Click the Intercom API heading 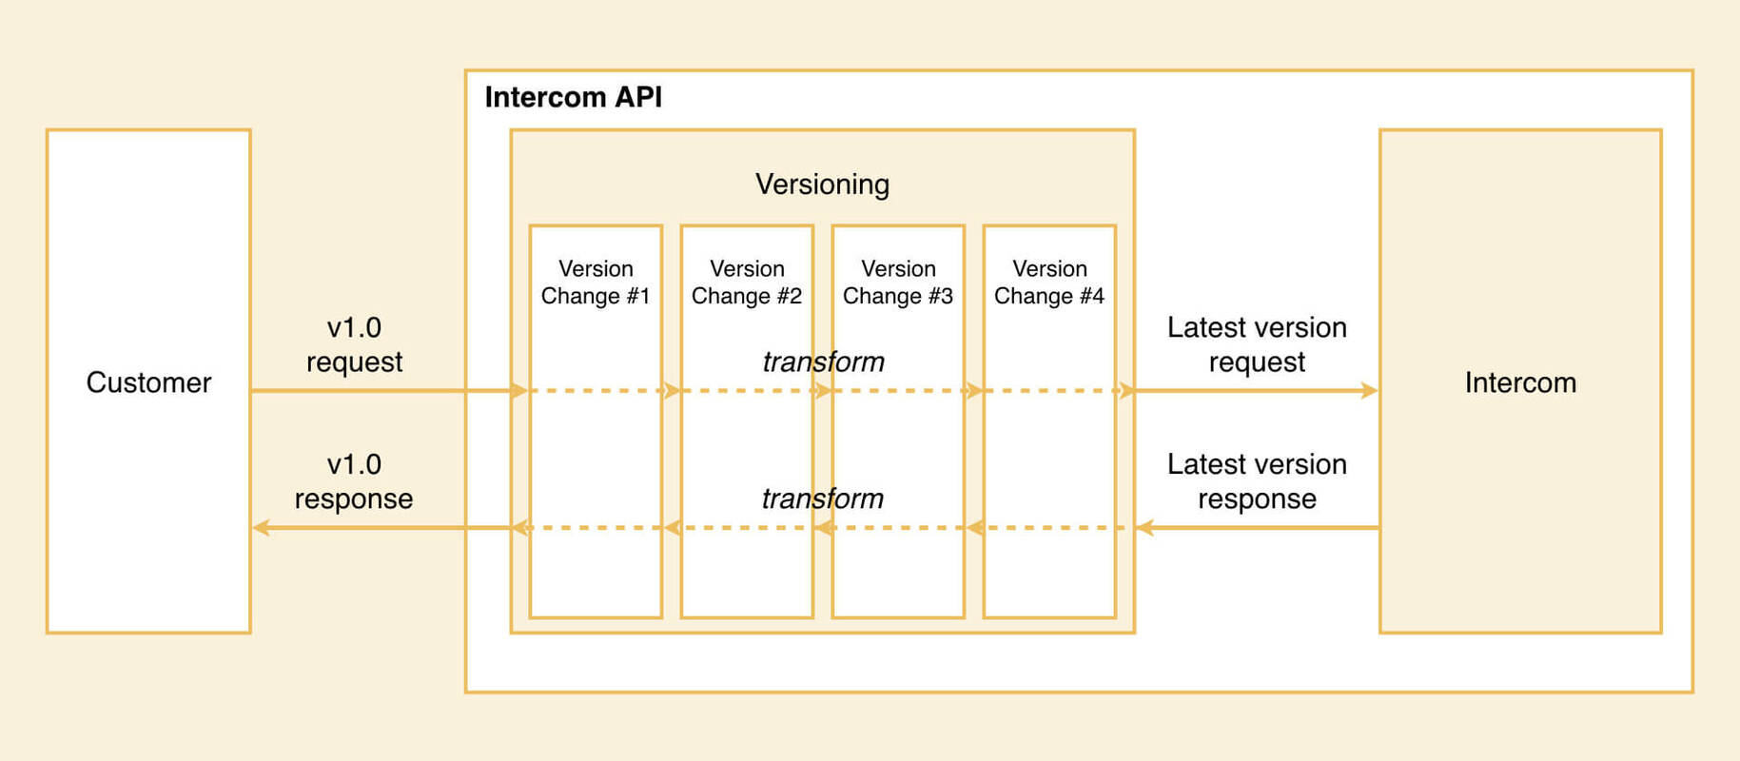573,97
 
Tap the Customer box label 148,382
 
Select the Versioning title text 822,184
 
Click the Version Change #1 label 596,283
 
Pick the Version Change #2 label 747,283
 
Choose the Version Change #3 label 898,283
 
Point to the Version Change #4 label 1049,283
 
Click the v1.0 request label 354,344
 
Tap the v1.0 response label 354,481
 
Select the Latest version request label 1257,344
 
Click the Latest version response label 1257,481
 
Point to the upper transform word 823,361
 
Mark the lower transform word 823,498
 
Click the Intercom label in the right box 1520,382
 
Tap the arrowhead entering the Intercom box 1370,390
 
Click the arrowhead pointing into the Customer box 261,527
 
